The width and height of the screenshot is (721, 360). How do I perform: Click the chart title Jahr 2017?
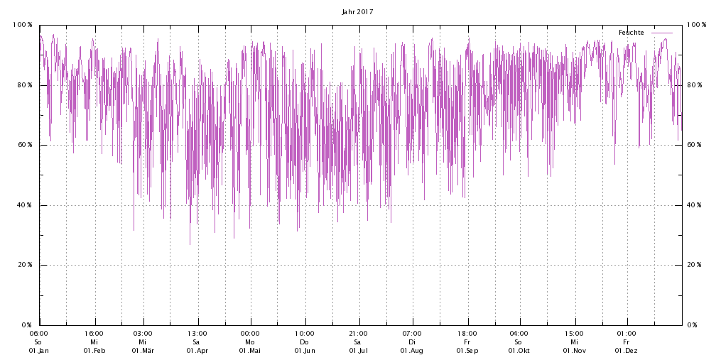(x=357, y=11)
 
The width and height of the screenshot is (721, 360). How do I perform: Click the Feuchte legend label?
(x=631, y=33)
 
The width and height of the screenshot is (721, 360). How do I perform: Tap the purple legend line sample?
(x=662, y=33)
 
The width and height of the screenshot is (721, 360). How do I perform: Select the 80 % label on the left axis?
(x=25, y=85)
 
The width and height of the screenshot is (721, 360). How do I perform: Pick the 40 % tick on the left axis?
(x=25, y=205)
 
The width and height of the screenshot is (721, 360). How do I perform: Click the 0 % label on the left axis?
(x=27, y=325)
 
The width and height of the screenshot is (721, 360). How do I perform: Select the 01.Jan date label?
(x=39, y=351)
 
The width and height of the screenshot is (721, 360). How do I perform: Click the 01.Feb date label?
(x=94, y=351)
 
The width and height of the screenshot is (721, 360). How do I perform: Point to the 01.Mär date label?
(x=143, y=351)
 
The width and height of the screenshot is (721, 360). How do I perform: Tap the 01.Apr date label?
(x=197, y=351)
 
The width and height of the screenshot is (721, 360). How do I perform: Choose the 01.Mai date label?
(x=250, y=351)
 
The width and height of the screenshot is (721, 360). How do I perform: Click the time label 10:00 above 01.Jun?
(x=304, y=333)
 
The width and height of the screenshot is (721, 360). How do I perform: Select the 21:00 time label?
(x=358, y=333)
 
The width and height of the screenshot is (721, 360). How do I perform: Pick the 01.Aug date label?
(x=412, y=351)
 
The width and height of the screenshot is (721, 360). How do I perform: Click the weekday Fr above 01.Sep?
(x=467, y=342)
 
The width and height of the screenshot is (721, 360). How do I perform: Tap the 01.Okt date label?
(x=519, y=351)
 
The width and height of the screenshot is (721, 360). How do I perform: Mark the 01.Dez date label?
(x=627, y=351)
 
